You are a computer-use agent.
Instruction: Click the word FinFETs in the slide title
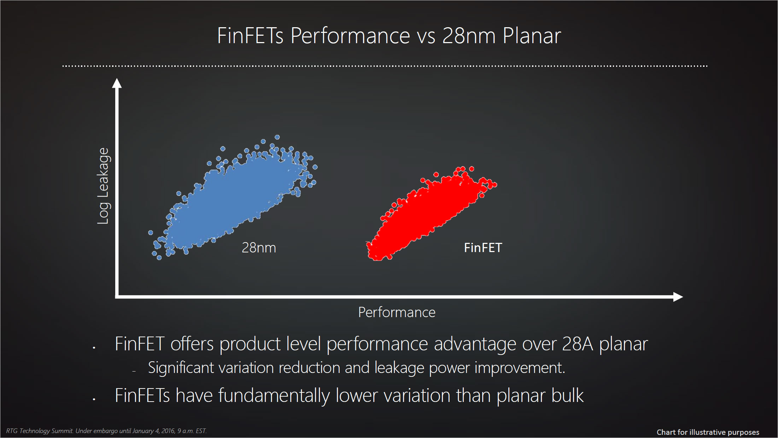click(250, 36)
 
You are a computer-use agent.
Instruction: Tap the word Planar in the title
click(532, 36)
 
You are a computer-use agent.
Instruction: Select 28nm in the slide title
click(469, 36)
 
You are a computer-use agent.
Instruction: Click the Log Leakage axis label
click(103, 186)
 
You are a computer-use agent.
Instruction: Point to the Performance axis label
click(397, 313)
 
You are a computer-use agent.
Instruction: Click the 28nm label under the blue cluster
click(259, 248)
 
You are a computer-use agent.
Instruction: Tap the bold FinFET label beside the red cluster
click(483, 248)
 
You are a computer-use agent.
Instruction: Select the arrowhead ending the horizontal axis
click(678, 297)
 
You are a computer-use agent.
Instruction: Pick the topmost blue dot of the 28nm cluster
click(277, 137)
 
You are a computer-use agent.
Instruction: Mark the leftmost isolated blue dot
click(151, 233)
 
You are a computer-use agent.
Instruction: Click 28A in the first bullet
click(577, 344)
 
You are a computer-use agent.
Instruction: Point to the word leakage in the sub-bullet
click(399, 368)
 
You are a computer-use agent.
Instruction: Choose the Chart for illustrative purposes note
click(708, 432)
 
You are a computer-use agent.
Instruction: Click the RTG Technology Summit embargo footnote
click(106, 431)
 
